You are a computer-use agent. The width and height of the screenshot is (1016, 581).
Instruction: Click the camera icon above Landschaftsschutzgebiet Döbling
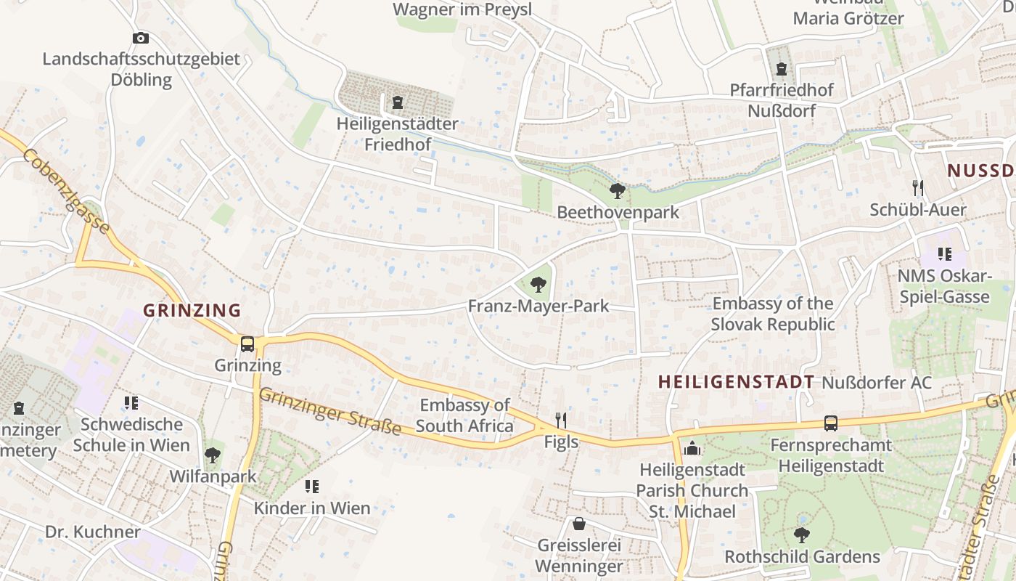point(141,38)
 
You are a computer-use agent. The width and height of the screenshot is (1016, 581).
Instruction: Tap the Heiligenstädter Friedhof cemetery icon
point(397,102)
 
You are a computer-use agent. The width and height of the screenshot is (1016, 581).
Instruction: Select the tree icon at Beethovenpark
point(618,191)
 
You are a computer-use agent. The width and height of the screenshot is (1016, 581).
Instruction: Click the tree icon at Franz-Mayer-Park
point(538,284)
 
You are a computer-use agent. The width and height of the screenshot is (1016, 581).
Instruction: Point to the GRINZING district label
point(192,310)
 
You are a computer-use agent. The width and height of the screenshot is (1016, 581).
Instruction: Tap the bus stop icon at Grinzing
point(247,344)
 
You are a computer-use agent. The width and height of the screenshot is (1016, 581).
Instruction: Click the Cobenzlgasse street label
point(66,192)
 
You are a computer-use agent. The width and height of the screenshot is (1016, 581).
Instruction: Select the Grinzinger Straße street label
point(330,411)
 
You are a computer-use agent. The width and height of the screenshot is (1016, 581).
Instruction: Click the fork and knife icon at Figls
point(560,420)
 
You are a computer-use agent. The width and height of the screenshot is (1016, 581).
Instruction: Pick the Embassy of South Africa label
point(464,415)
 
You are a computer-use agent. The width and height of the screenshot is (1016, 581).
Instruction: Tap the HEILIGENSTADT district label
point(736,382)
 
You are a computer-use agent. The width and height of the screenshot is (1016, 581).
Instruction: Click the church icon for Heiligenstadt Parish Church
point(692,448)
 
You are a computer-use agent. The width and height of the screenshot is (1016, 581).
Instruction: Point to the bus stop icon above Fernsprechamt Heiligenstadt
point(830,423)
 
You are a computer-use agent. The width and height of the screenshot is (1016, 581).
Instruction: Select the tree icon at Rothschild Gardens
point(802,535)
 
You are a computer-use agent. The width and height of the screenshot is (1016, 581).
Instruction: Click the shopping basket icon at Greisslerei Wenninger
point(579,524)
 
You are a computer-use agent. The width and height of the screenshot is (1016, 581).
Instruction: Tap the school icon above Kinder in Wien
point(312,487)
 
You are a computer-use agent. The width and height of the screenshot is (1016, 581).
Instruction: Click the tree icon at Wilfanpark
point(213,455)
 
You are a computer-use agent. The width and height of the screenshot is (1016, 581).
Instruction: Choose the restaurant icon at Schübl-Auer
point(918,188)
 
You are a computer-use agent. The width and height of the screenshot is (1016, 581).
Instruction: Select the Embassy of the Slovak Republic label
point(773,314)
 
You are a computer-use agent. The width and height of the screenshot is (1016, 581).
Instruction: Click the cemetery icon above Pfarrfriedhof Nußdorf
point(781,69)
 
